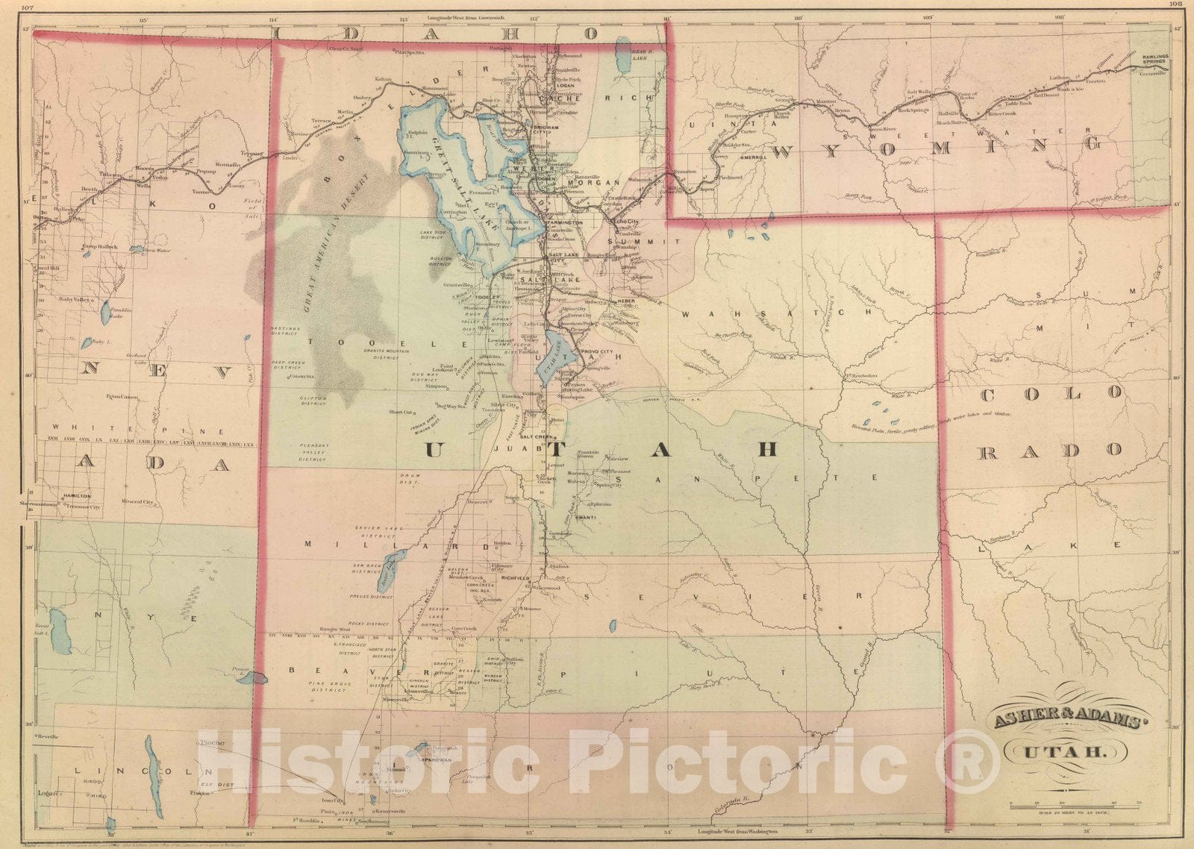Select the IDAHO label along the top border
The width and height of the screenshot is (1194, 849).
click(x=457, y=34)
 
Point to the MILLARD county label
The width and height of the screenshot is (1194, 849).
click(x=396, y=544)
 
